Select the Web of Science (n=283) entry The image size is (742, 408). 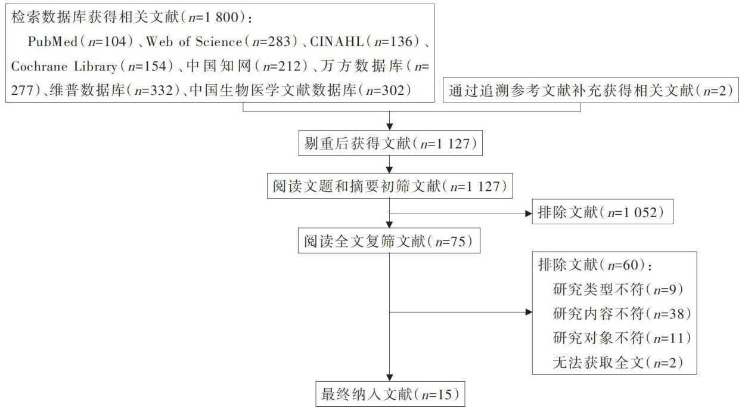click(221, 42)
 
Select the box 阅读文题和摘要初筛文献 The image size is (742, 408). click(389, 186)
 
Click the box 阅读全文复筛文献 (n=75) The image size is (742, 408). click(389, 241)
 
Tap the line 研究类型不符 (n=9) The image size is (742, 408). click(617, 289)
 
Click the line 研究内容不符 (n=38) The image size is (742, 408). click(620, 313)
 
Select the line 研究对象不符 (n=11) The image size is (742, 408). click(620, 338)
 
